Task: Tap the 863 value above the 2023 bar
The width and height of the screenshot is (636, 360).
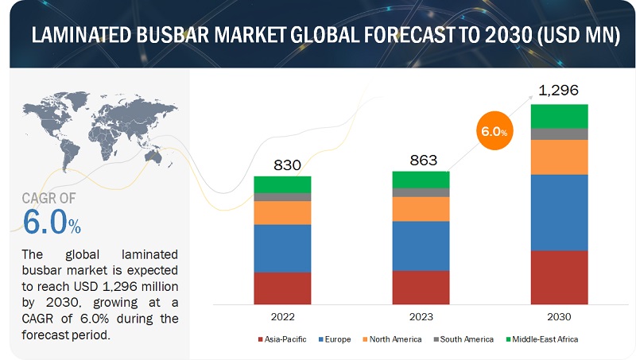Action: [421, 159]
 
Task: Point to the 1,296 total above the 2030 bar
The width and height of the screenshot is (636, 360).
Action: [560, 91]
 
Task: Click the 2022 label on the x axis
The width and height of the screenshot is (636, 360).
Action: [282, 316]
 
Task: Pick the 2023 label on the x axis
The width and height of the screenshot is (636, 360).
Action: [421, 316]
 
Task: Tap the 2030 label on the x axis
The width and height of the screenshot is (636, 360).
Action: [559, 316]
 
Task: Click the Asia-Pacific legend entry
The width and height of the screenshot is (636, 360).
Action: [282, 339]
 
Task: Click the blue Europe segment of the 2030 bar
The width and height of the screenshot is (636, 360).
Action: [559, 212]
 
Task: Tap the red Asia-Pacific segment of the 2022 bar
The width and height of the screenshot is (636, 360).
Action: [282, 288]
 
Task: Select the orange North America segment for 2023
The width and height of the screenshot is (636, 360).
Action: [421, 209]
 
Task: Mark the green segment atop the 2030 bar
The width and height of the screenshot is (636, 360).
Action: [559, 116]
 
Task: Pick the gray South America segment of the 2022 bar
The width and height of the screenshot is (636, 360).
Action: [282, 196]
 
